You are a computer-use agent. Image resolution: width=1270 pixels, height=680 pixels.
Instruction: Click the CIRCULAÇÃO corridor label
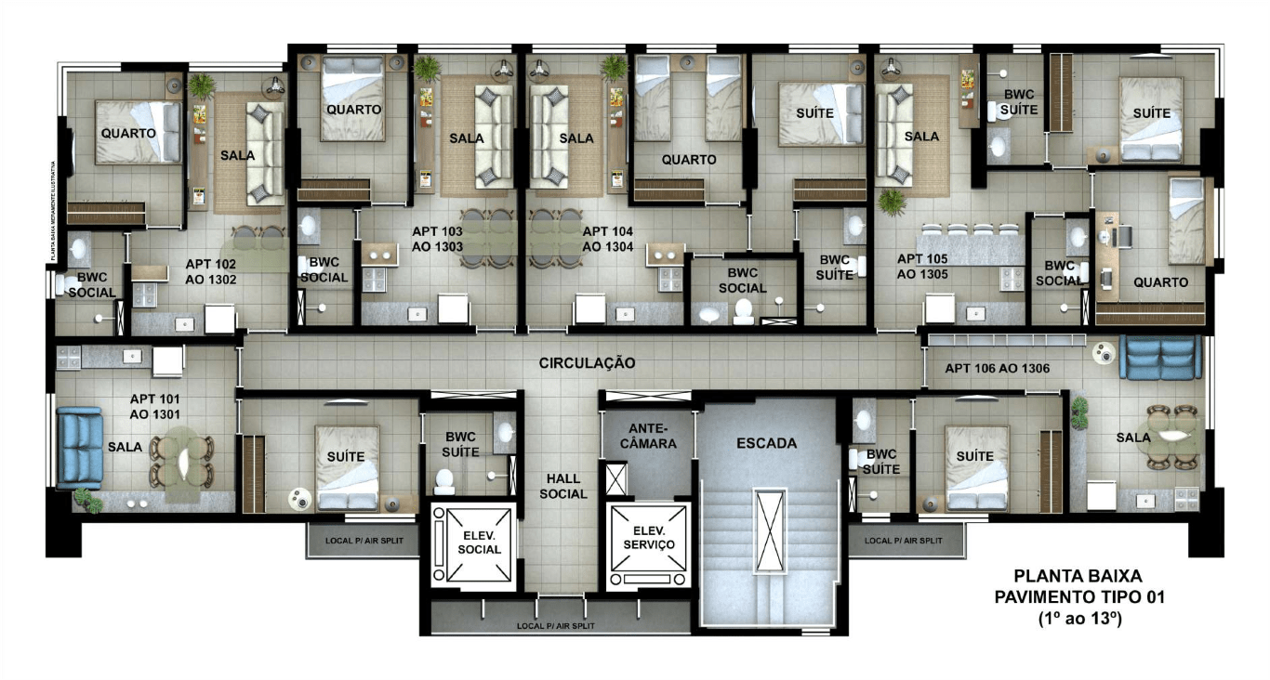click(588, 363)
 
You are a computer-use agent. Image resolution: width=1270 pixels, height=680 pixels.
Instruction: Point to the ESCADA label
click(766, 443)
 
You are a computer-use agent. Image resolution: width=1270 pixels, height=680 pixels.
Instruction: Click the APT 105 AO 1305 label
click(922, 267)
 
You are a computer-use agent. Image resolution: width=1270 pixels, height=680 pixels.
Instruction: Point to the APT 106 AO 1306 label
click(998, 369)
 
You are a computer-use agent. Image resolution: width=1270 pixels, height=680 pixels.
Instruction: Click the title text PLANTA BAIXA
click(1078, 576)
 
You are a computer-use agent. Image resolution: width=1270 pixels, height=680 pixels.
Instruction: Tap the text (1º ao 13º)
click(1078, 617)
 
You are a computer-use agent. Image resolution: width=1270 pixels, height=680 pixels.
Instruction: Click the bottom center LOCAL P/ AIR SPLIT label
click(562, 626)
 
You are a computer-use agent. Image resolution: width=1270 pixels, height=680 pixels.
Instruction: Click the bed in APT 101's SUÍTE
click(347, 468)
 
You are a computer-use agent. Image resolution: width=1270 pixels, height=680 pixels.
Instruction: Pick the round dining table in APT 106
click(1168, 436)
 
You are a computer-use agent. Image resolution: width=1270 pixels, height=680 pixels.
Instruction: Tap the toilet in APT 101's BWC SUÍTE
click(445, 480)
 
